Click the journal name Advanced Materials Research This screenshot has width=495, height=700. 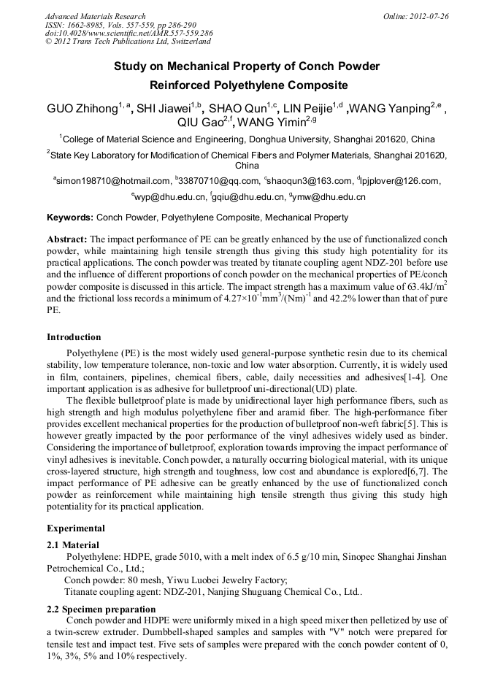pyautogui.click(x=95, y=16)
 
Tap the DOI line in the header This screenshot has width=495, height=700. pyautogui.click(x=128, y=33)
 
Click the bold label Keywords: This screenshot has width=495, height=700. pyautogui.click(x=70, y=218)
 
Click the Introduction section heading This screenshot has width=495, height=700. pyautogui.click(x=74, y=337)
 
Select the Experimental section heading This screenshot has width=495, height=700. pyautogui.click(x=76, y=528)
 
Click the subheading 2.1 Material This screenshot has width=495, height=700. pyautogui.click(x=73, y=545)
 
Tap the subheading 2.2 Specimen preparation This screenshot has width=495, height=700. pyautogui.click(x=101, y=609)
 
